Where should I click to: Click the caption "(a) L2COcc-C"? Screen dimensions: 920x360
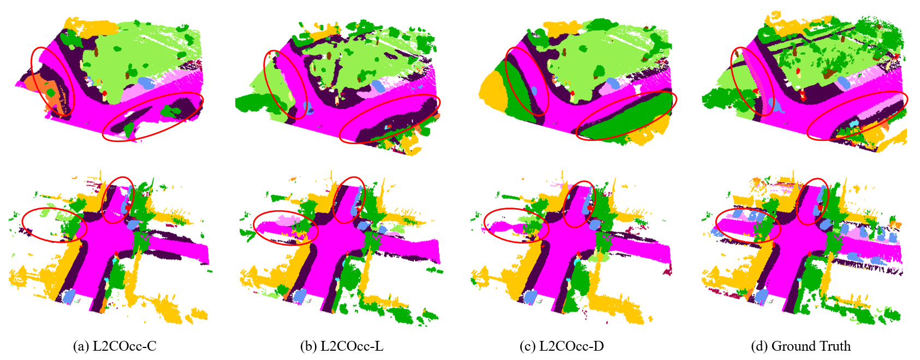click(x=115, y=346)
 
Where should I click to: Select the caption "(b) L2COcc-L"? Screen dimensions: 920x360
click(x=342, y=346)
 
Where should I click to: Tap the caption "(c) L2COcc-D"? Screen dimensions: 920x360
click(x=561, y=346)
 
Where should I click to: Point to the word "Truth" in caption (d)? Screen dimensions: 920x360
click(x=833, y=346)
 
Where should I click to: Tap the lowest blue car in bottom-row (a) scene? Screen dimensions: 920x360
click(x=70, y=295)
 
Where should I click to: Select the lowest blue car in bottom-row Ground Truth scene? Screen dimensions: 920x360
click(x=761, y=296)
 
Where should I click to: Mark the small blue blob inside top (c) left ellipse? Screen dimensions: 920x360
click(x=533, y=91)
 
